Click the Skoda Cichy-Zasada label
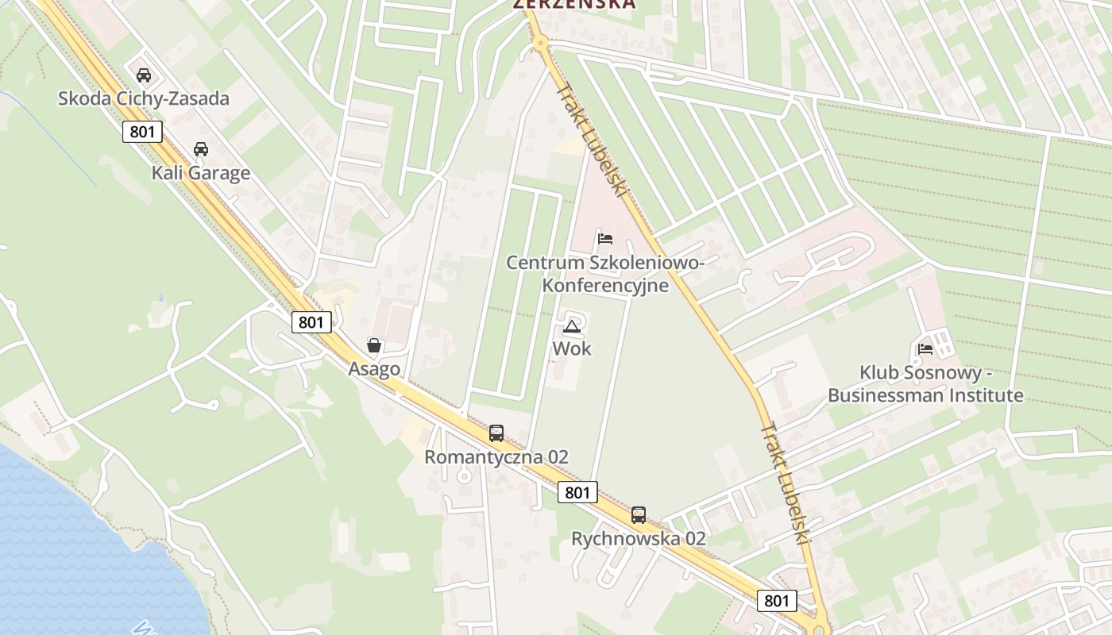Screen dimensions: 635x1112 pos(144,98)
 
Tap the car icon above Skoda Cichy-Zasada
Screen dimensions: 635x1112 pos(144,75)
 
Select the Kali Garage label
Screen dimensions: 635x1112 pos(201,173)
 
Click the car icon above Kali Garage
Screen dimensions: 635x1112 pos(201,149)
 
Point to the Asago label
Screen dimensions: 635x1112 pos(374,369)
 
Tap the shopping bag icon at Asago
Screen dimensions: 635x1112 pos(374,345)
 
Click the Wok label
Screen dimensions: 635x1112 pos(572,348)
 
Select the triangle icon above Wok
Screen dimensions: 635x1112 pos(572,326)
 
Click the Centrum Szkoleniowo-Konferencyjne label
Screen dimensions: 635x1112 pos(605,273)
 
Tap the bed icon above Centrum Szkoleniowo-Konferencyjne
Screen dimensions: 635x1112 pos(605,238)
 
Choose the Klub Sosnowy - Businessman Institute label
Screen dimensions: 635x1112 pos(925,383)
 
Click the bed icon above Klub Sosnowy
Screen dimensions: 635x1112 pos(925,348)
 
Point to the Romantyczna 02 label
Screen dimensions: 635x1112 pos(496,457)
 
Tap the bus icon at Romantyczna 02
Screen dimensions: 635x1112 pos(496,433)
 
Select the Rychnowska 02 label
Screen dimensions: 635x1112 pos(639,538)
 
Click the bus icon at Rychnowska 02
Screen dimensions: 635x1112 pos(639,515)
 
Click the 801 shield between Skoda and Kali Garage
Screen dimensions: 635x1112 pos(142,132)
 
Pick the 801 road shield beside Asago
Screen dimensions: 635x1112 pos(311,322)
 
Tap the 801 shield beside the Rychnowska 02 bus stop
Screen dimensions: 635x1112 pos(577,492)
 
